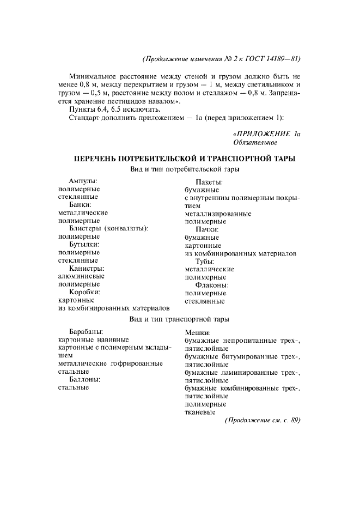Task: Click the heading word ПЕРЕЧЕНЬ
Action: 98,159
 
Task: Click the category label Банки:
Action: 80,204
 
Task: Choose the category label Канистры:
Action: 87,268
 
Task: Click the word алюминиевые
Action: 81,276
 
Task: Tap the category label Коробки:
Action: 84,292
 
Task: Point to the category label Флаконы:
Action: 211,285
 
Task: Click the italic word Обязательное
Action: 255,142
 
